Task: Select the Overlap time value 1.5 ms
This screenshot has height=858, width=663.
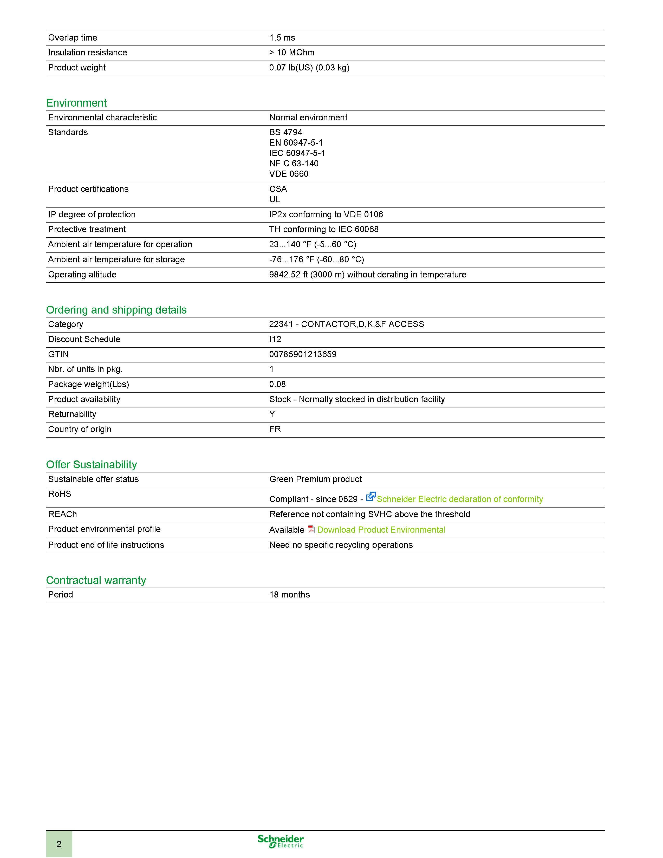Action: pyautogui.click(x=282, y=38)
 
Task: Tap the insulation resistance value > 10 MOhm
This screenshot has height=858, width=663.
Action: pyautogui.click(x=292, y=53)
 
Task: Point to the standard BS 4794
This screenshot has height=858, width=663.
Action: pyautogui.click(x=285, y=132)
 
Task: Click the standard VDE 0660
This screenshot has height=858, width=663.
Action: pyautogui.click(x=289, y=174)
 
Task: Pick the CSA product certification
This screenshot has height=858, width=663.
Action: pyautogui.click(x=278, y=189)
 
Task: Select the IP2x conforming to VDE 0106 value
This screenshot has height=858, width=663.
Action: pyautogui.click(x=326, y=214)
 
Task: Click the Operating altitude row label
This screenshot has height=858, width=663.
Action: pyautogui.click(x=82, y=275)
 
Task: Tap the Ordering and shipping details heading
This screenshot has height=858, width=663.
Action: pyautogui.click(x=116, y=310)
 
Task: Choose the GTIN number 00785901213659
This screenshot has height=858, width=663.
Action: pyautogui.click(x=303, y=354)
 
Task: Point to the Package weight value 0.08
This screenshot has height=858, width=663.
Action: pyautogui.click(x=277, y=384)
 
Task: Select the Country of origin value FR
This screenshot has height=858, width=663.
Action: pyautogui.click(x=275, y=430)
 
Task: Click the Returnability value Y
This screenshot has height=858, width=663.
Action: pyautogui.click(x=272, y=414)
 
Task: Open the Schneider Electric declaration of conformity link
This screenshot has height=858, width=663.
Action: pyautogui.click(x=459, y=499)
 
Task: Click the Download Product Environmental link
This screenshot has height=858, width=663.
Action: pyautogui.click(x=381, y=530)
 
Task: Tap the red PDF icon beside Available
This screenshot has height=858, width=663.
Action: pyautogui.click(x=311, y=530)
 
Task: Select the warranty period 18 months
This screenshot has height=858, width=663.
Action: pyautogui.click(x=289, y=595)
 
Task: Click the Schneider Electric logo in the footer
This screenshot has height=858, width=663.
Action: pyautogui.click(x=281, y=841)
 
